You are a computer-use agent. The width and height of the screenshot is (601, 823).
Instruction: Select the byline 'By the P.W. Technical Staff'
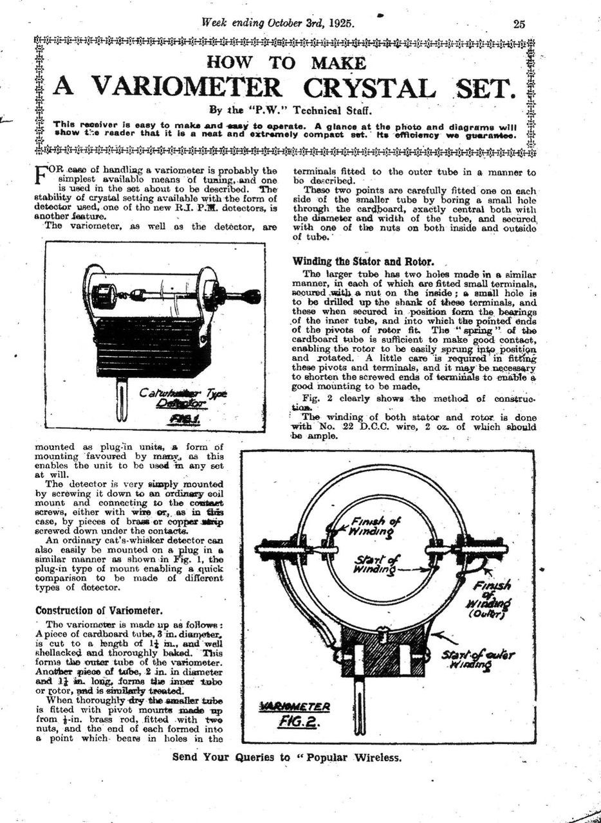click(287, 109)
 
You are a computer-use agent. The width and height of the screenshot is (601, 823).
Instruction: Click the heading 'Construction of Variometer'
click(98, 610)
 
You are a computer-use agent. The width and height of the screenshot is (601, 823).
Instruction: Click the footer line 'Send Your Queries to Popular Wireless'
click(287, 757)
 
